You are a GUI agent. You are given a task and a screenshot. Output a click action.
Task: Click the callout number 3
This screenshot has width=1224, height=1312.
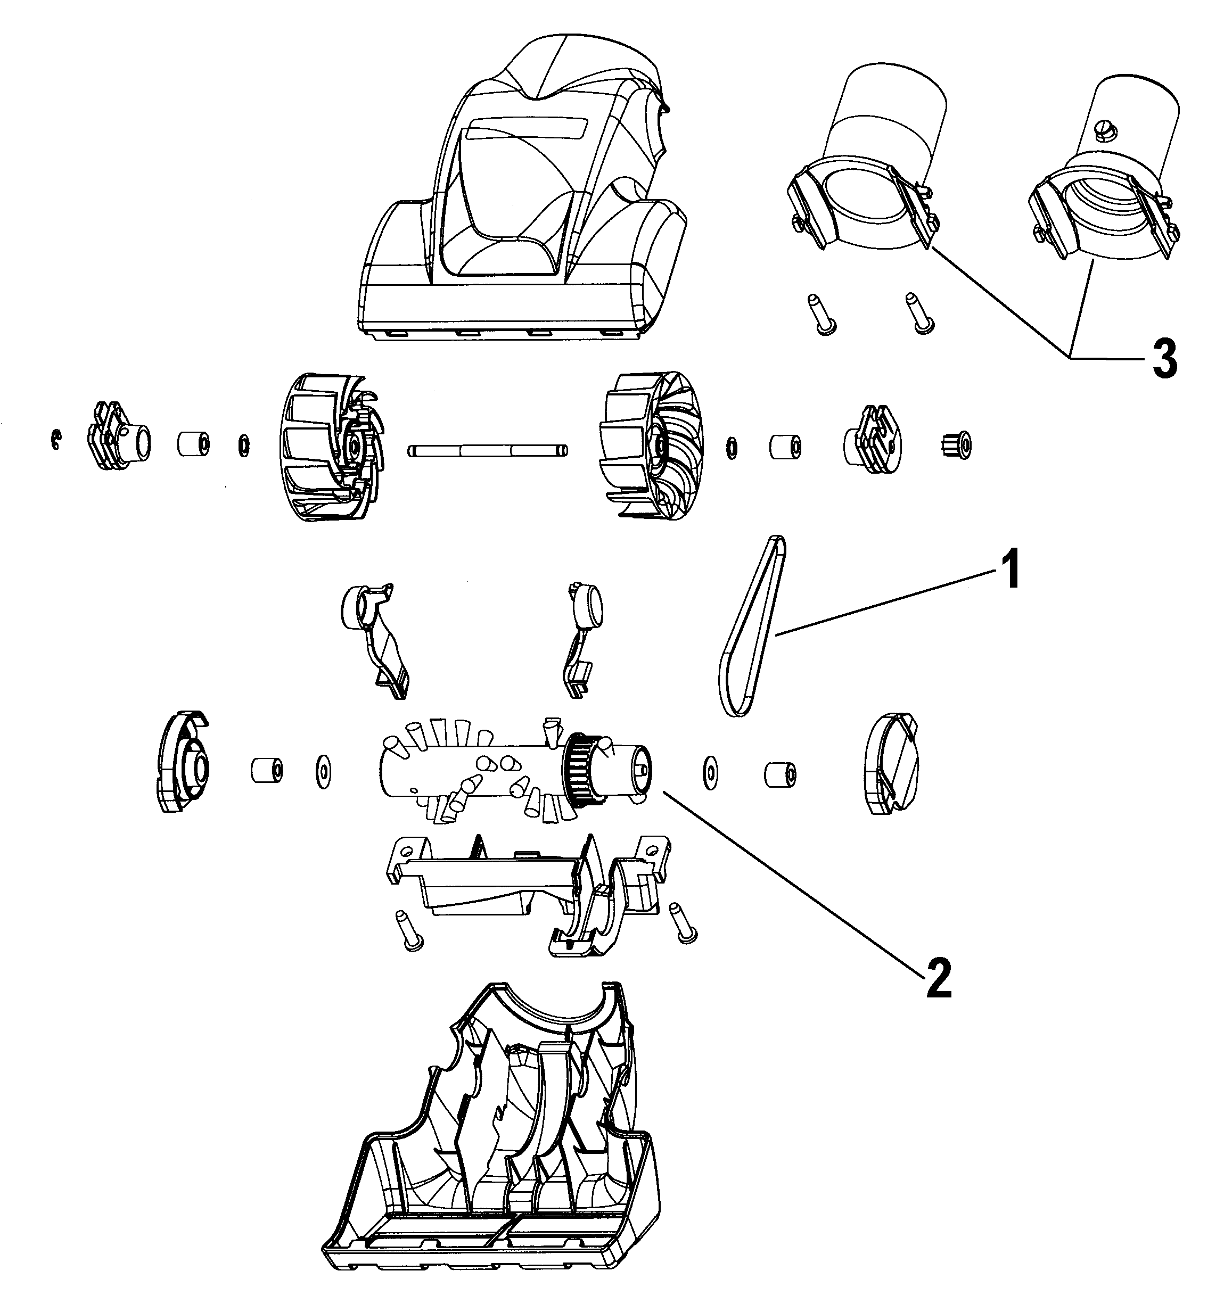pyautogui.click(x=1164, y=360)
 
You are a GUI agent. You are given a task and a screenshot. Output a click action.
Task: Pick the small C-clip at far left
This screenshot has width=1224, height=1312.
pyautogui.click(x=56, y=440)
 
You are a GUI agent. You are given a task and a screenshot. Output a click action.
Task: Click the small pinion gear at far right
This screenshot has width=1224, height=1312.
pyautogui.click(x=955, y=446)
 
